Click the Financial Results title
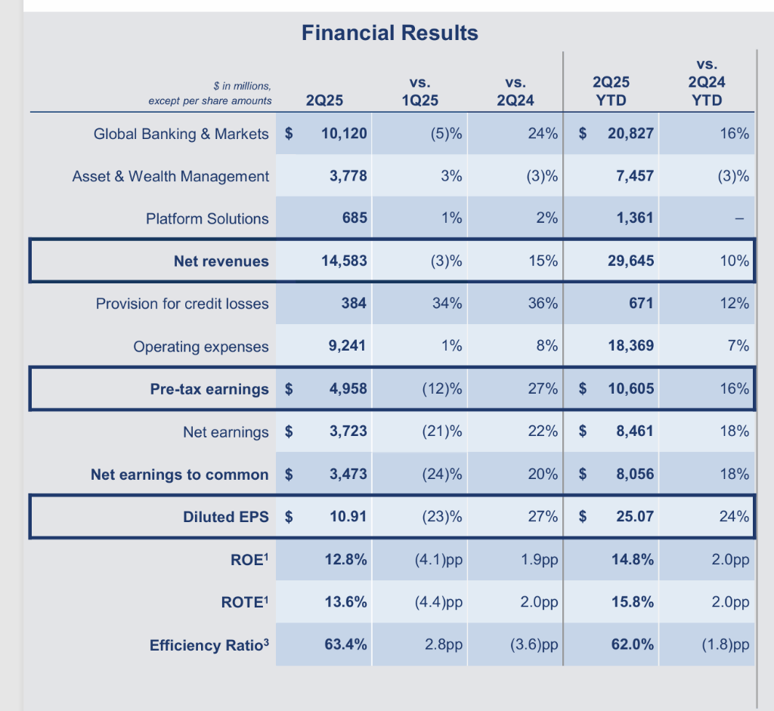[x=389, y=33]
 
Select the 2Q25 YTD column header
[x=611, y=91]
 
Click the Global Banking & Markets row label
[x=181, y=134]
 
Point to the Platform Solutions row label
[x=207, y=218]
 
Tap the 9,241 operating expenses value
[x=348, y=346]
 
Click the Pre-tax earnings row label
[x=209, y=389]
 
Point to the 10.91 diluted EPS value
[x=348, y=517]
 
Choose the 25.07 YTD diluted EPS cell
[x=635, y=517]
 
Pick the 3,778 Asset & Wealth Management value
[x=348, y=176]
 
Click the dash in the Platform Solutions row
[x=740, y=219]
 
